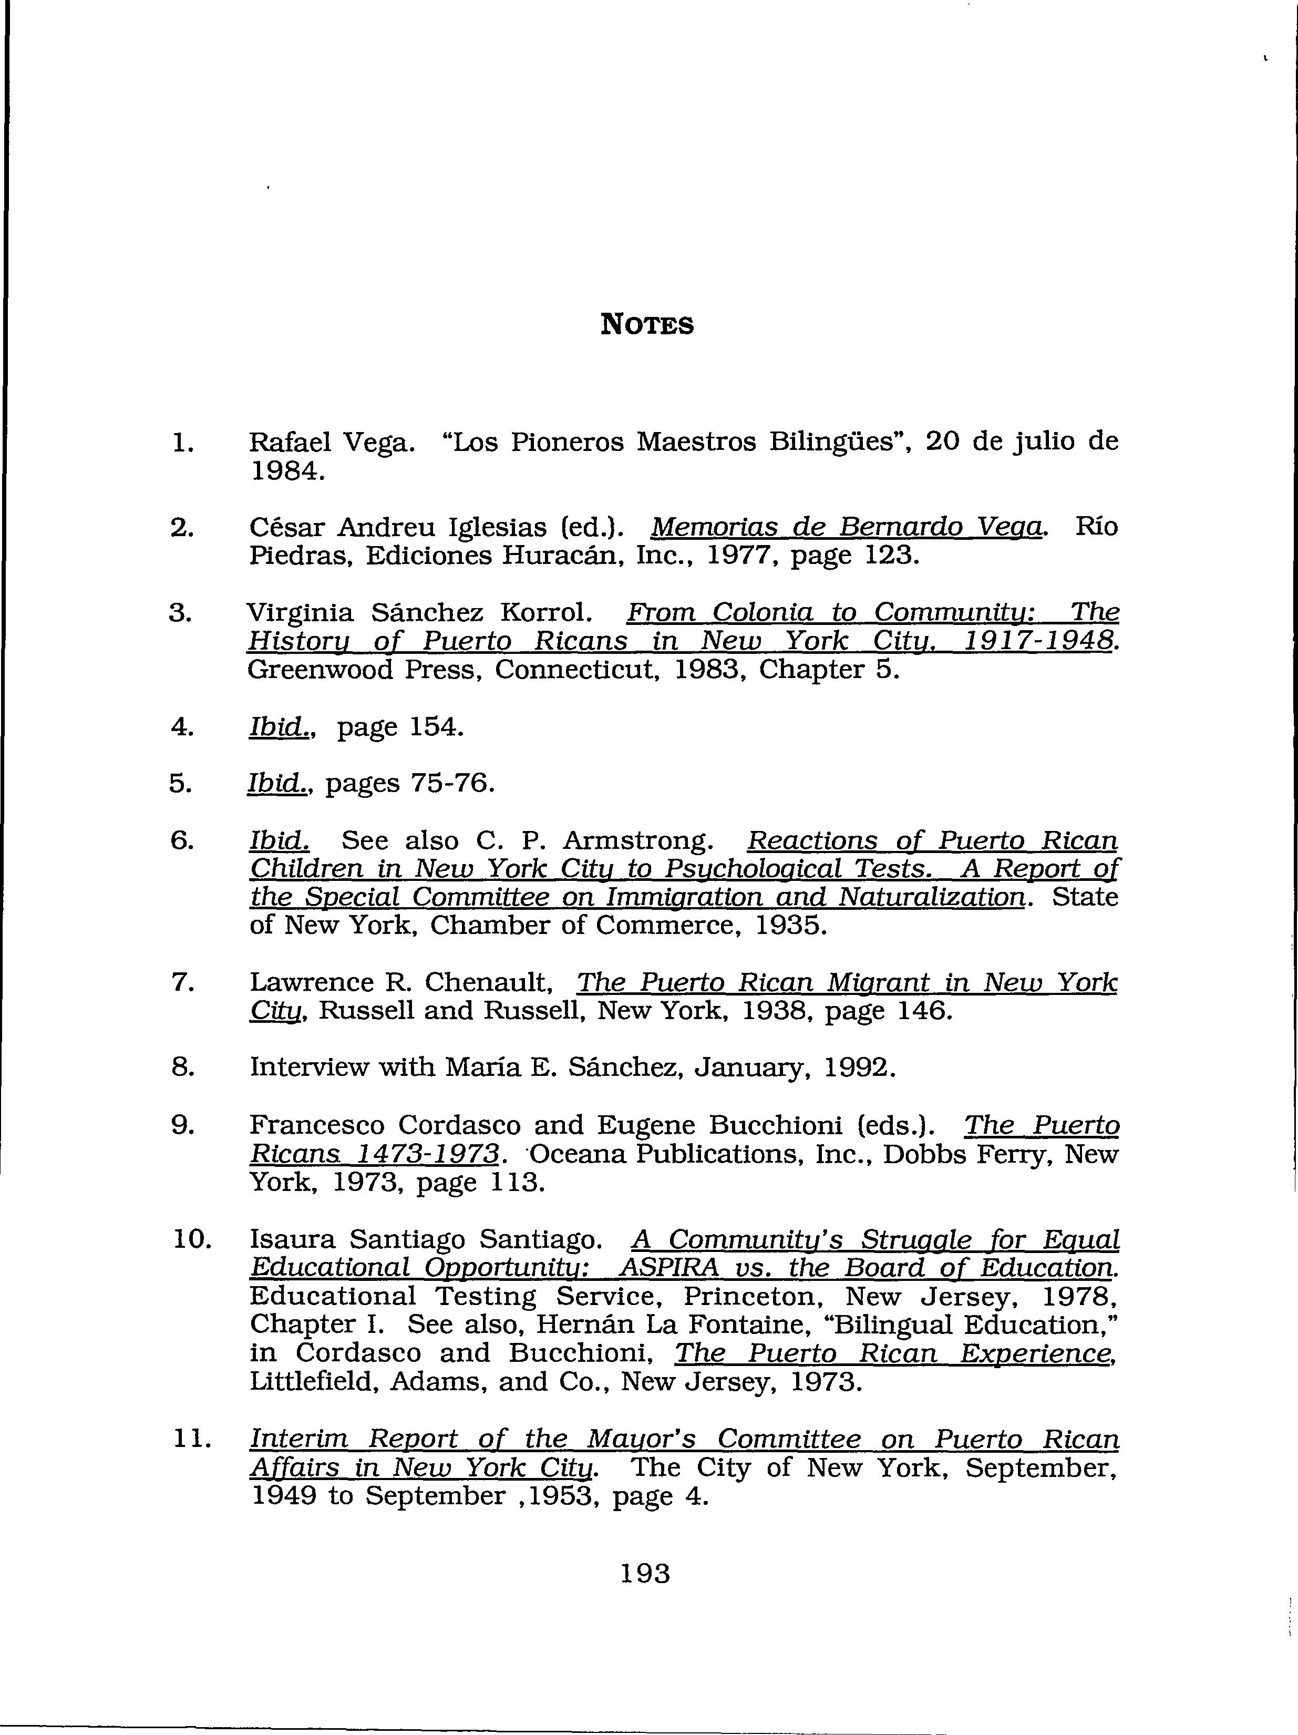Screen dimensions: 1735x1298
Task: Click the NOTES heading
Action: tap(647, 324)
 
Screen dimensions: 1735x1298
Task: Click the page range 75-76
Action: tap(450, 784)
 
